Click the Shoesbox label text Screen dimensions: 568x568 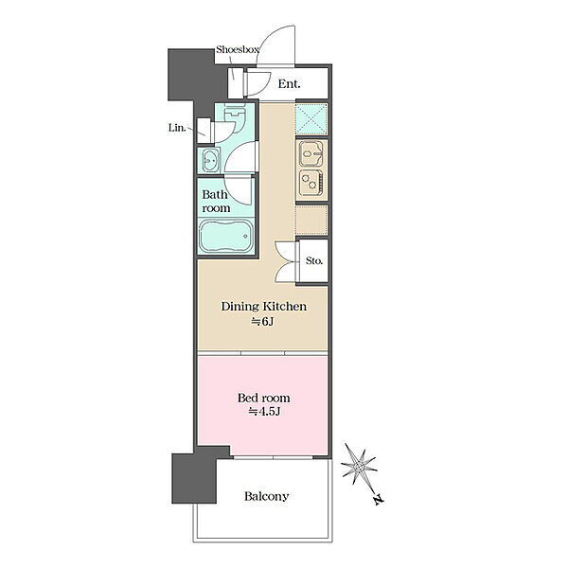coord(238,49)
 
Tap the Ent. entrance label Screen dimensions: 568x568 coord(289,84)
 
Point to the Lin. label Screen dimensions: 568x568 coord(177,128)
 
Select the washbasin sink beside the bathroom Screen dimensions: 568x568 coord(210,160)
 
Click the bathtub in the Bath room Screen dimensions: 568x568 coord(225,236)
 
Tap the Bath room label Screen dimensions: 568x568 coord(216,201)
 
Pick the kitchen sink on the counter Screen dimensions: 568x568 coord(311,154)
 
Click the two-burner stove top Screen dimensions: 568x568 coord(311,182)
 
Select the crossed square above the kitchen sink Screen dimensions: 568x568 coord(311,119)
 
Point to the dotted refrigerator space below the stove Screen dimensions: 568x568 coord(311,220)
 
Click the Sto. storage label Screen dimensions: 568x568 coord(313,260)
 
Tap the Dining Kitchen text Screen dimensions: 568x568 coord(264,307)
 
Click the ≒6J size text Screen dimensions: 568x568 coord(262,321)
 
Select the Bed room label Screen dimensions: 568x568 coord(263,399)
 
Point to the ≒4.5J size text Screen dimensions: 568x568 coord(264,412)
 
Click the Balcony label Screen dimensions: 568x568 coord(266,496)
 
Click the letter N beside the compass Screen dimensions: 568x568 coord(378,500)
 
